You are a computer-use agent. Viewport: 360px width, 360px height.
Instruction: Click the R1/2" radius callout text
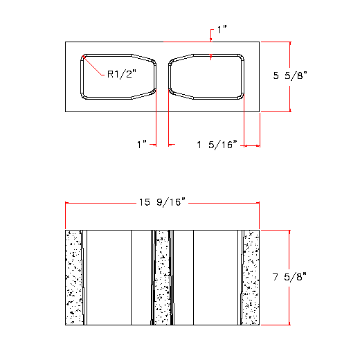(122, 73)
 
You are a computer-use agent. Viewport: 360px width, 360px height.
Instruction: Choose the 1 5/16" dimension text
(217, 145)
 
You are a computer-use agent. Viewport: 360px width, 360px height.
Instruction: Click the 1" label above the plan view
(222, 30)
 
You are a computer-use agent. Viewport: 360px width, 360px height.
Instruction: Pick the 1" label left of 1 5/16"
(143, 145)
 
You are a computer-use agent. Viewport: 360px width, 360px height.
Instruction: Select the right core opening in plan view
(206, 76)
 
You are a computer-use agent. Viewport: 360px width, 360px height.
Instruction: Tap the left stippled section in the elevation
(73, 277)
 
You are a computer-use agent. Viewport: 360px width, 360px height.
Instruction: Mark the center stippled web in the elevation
(162, 277)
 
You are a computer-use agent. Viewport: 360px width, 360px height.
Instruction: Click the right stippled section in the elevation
(251, 277)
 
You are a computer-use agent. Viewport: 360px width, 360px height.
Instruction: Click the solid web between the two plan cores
(162, 76)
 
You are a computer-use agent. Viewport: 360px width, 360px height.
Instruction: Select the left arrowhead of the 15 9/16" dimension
(67, 202)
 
